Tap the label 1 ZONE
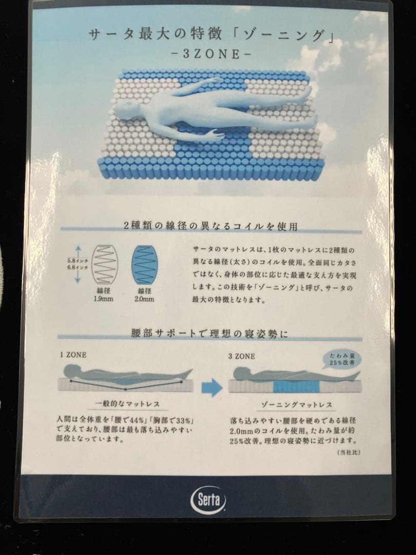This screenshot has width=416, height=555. click(x=73, y=355)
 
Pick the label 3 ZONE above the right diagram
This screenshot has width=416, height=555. click(x=241, y=355)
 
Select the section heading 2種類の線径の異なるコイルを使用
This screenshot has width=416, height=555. click(x=211, y=226)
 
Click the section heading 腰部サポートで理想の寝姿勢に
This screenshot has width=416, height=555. click(x=210, y=334)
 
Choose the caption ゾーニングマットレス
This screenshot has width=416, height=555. click(x=296, y=405)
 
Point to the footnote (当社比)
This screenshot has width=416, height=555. click(x=348, y=452)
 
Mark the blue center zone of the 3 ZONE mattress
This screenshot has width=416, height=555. click(x=296, y=387)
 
